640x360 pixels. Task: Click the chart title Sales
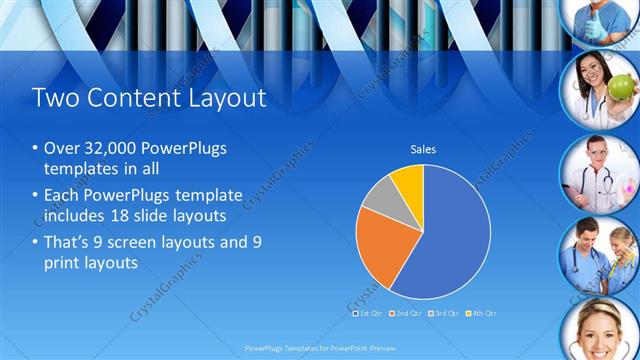pyautogui.click(x=423, y=150)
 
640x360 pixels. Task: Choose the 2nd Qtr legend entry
pyautogui.click(x=404, y=313)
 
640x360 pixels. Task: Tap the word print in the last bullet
pyautogui.click(x=65, y=263)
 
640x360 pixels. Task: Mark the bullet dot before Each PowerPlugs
pyautogui.click(x=36, y=195)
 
